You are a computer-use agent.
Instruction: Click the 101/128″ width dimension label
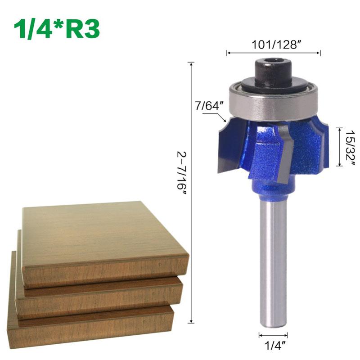273,44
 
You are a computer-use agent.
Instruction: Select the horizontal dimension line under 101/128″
273,53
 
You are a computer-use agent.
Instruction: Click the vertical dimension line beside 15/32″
338,147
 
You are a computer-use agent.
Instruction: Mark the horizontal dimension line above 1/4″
273,335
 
